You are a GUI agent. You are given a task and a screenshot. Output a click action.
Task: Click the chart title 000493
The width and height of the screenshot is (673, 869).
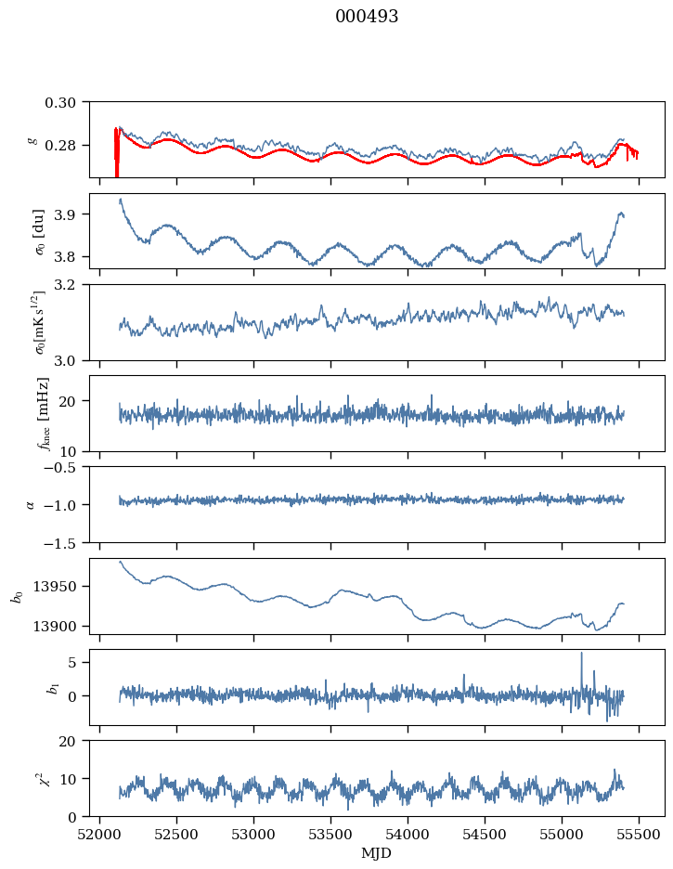367,17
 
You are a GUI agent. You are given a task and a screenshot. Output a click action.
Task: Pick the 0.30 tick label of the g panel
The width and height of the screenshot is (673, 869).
67,101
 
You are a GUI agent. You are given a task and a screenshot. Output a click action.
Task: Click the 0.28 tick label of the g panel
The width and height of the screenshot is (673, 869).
67,146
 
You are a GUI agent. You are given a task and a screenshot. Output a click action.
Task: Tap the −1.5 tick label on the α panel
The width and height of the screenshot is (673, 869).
65,542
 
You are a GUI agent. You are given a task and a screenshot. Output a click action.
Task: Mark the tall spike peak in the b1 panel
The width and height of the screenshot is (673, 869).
582,653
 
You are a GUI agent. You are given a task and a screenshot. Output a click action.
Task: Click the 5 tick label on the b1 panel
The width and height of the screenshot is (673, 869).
78,663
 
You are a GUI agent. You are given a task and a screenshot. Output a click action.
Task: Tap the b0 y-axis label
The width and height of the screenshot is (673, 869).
17,595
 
